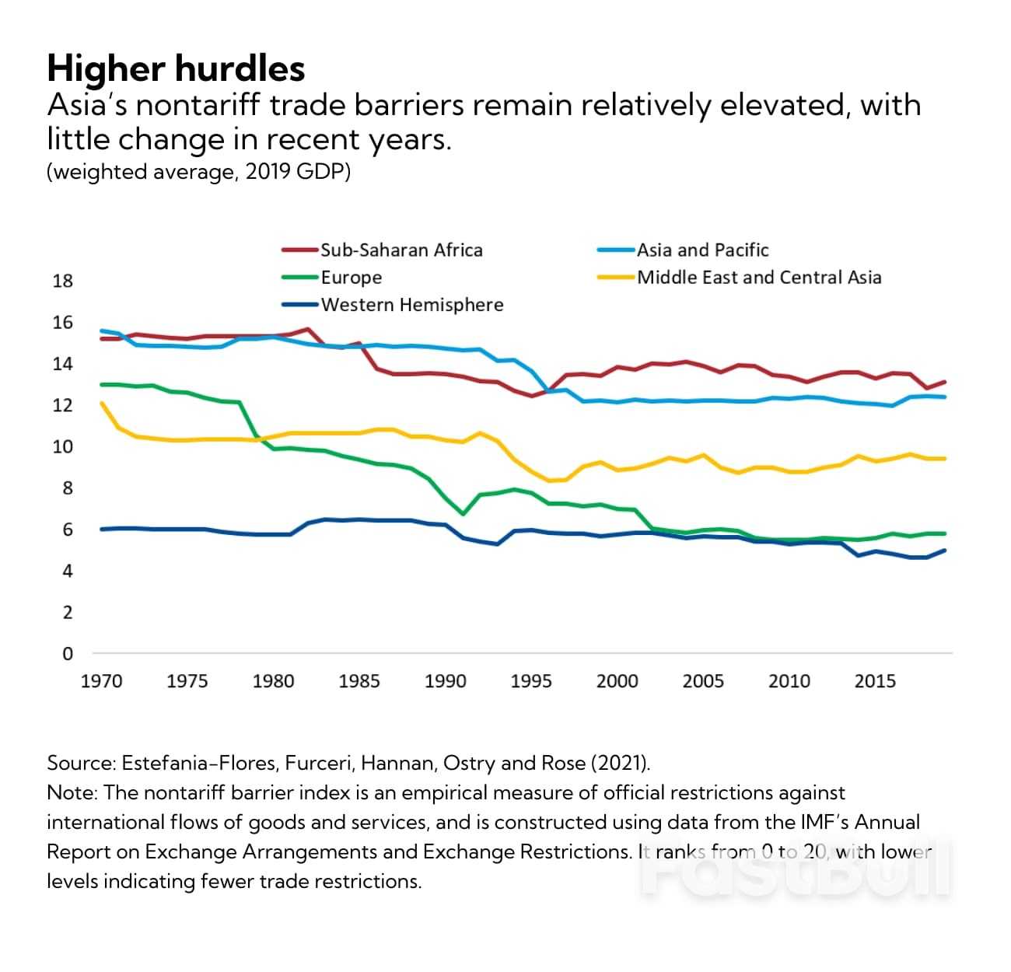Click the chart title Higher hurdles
click(176, 68)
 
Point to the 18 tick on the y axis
click(62, 281)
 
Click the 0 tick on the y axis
click(67, 654)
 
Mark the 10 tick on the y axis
click(62, 446)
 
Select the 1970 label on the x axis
click(101, 681)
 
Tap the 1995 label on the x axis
click(531, 681)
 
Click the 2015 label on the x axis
click(875, 681)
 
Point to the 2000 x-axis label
click(617, 681)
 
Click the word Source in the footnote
click(80, 763)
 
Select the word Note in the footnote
click(71, 792)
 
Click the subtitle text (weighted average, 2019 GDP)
click(198, 171)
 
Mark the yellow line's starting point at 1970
click(102, 403)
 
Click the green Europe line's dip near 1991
click(464, 514)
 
